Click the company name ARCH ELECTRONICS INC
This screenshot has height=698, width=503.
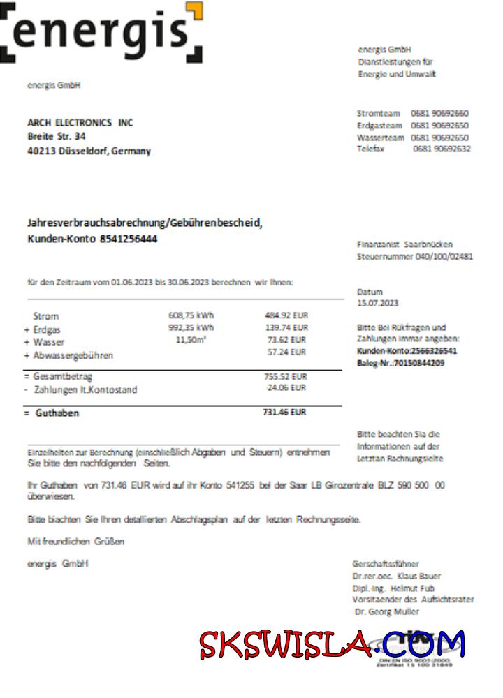80,123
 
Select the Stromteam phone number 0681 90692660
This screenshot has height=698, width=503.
440,113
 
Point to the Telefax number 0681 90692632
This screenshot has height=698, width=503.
442,149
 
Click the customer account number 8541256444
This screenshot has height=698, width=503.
130,239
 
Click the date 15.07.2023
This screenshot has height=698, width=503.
377,304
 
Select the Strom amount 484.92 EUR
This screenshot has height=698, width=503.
286,315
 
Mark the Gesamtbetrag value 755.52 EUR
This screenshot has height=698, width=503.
286,376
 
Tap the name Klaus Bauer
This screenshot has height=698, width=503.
418,577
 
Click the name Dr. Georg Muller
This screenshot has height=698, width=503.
388,612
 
